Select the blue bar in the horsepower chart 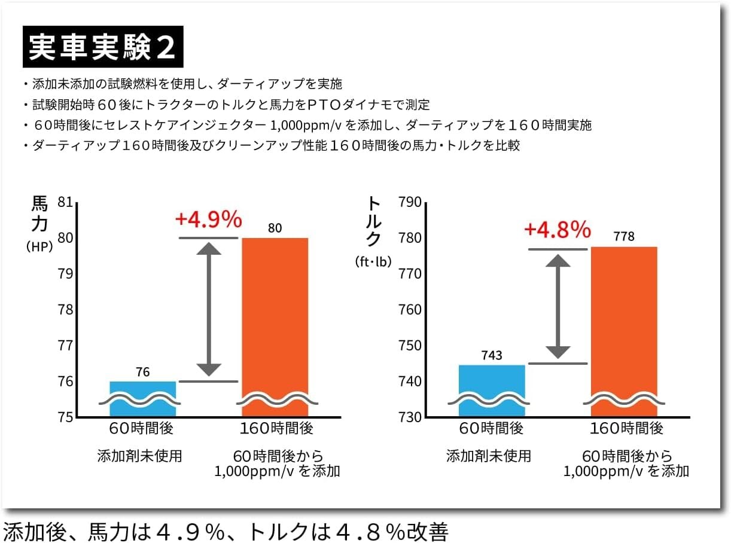click(142, 398)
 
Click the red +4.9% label click(208, 219)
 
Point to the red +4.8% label click(558, 229)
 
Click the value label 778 click(624, 237)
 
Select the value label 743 click(492, 356)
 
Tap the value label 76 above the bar click(142, 372)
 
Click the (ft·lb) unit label click(372, 261)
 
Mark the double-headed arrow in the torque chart click(558, 306)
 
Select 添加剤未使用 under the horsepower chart click(140, 456)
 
